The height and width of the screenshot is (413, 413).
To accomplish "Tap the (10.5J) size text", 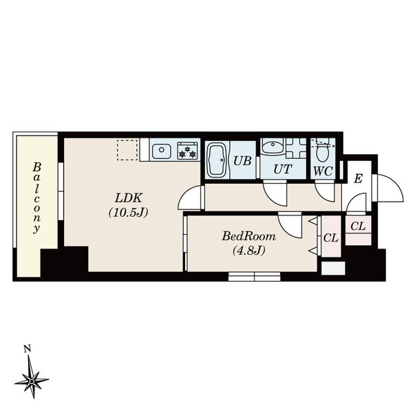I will tap(128, 213).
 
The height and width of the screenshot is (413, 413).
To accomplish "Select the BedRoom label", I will tap(248, 236).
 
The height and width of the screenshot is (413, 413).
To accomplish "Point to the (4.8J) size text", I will tap(248, 250).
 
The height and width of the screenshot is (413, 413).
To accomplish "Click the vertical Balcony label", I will tap(36, 199).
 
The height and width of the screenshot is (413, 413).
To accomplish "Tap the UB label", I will tap(241, 161).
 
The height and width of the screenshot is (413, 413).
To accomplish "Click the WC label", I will tap(322, 169).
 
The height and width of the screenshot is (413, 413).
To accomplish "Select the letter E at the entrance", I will tap(358, 179).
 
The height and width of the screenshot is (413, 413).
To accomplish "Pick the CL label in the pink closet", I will tap(330, 239).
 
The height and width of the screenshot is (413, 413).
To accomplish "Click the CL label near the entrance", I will tap(358, 226).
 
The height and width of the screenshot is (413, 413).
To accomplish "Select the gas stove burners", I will tap(188, 150).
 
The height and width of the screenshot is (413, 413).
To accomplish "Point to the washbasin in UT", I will tap(273, 147).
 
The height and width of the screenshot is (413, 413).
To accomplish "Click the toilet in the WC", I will tap(321, 147).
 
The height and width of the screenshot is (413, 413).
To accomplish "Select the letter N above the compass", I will tap(27, 349).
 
